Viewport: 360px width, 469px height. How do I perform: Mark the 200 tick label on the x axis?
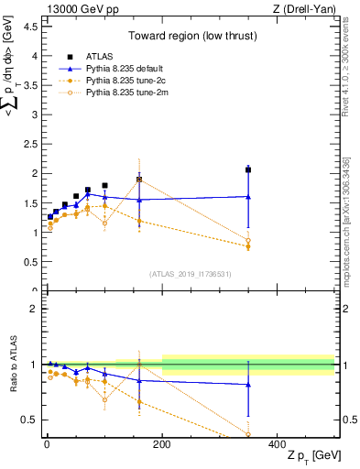pos(162,443)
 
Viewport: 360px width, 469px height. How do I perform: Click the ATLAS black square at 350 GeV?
pos(248,169)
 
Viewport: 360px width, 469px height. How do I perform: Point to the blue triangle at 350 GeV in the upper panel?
pos(248,196)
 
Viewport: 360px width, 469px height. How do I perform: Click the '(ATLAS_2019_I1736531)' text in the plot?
pos(191,273)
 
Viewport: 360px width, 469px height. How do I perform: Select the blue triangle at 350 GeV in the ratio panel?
pos(248,385)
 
